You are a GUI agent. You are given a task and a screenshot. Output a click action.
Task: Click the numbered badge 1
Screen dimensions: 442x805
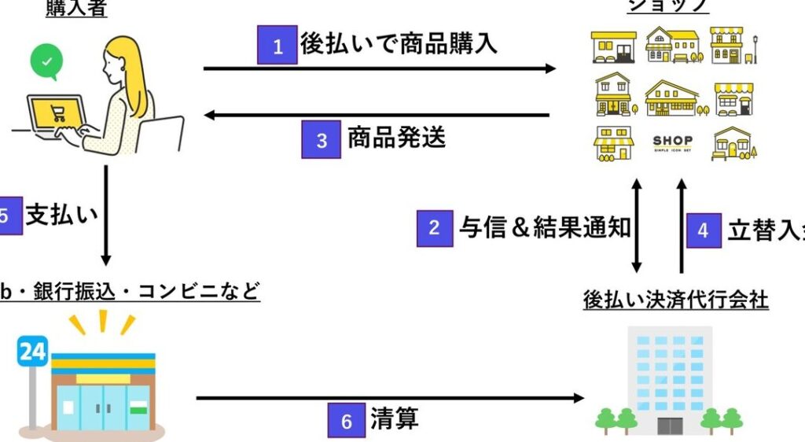pyautogui.click(x=277, y=45)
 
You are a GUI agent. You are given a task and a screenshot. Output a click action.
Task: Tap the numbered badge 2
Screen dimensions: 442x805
pyautogui.click(x=434, y=228)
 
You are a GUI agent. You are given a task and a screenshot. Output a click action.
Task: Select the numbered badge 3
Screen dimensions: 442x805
pyautogui.click(x=322, y=140)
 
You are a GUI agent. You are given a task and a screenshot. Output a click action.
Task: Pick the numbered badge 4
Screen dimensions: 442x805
pyautogui.click(x=703, y=230)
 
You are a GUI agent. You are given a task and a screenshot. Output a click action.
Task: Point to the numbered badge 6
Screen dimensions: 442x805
pyautogui.click(x=347, y=420)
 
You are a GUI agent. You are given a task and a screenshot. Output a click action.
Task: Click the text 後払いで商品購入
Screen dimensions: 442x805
pyautogui.click(x=399, y=44)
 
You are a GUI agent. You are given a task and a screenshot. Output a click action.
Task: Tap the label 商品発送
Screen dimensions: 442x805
pyautogui.click(x=396, y=138)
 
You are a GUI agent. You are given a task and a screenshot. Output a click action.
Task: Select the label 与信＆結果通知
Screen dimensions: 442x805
pyautogui.click(x=545, y=227)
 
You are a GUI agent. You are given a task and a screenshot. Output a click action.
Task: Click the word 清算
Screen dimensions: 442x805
pyautogui.click(x=394, y=419)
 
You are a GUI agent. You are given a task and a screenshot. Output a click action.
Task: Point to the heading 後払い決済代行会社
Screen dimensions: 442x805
pyautogui.click(x=675, y=300)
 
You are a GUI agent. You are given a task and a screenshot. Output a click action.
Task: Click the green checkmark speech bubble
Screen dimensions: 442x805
pyautogui.click(x=46, y=61)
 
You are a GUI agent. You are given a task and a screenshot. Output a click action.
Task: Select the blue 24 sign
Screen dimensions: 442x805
pyautogui.click(x=32, y=351)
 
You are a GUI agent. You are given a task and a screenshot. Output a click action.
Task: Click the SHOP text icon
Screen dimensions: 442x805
pyautogui.click(x=672, y=143)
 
